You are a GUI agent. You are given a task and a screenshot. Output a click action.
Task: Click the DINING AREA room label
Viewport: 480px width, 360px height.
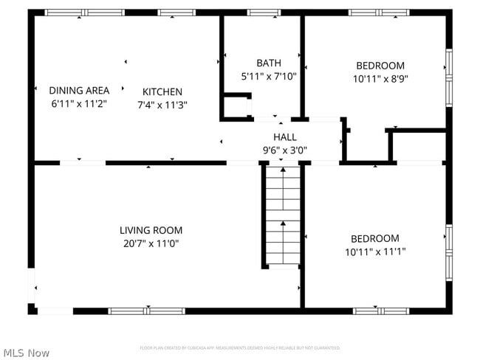(x=79, y=91)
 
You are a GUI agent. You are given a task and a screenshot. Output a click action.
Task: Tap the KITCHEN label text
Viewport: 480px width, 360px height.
(x=162, y=92)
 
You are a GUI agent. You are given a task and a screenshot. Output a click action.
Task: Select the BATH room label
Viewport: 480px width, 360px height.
(x=269, y=63)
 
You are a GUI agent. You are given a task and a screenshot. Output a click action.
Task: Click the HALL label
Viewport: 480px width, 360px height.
(x=285, y=137)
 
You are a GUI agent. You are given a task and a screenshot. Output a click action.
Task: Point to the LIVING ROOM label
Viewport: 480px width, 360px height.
(x=151, y=230)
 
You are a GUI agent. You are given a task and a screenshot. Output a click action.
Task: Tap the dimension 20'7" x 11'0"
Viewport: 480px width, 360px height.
(x=151, y=243)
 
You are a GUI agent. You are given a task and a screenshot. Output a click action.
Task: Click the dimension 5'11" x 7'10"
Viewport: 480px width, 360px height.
(x=269, y=75)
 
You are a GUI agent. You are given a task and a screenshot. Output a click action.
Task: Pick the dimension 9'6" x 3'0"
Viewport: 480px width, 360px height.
(x=285, y=150)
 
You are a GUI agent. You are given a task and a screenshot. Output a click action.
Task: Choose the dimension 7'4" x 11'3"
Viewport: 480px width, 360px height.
(x=162, y=105)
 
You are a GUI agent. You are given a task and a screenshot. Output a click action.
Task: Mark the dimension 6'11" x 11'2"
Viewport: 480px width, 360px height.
(x=79, y=103)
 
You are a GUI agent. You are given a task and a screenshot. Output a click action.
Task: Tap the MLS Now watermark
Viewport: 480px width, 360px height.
(x=26, y=353)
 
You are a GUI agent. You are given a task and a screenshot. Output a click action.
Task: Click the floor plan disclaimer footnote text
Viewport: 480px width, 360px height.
(x=240, y=347)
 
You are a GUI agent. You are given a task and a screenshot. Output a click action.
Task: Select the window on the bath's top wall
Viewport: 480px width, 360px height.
(x=264, y=13)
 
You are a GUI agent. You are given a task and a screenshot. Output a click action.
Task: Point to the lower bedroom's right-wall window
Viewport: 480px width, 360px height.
(x=448, y=252)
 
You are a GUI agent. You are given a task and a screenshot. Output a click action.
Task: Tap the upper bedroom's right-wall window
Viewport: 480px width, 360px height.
(x=448, y=77)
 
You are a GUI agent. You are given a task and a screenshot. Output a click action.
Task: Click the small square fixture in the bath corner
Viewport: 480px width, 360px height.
(x=237, y=105)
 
